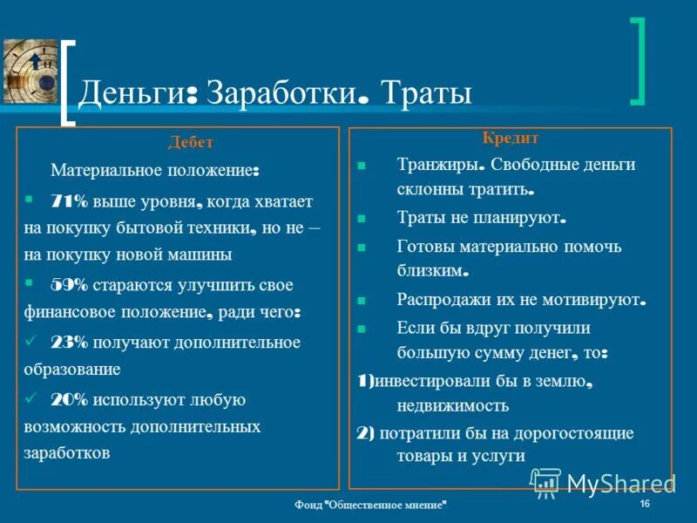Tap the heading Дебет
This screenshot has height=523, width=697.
point(191,143)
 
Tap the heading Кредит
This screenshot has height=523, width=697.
point(511,139)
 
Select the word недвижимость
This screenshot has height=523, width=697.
point(452,405)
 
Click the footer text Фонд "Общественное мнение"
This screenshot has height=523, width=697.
point(372,506)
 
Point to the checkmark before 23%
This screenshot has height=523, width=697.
point(31,341)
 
